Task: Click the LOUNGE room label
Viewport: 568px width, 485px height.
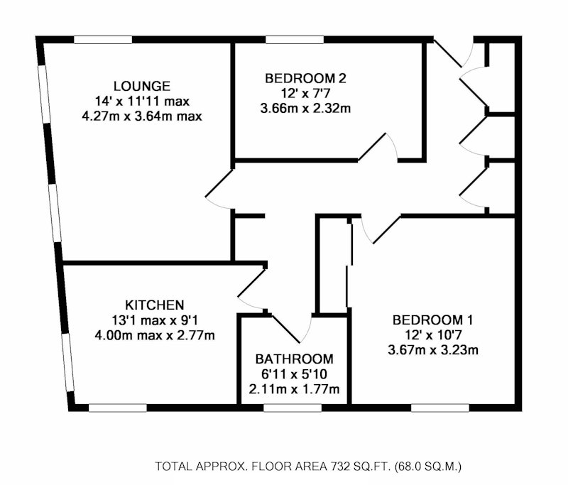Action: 141,86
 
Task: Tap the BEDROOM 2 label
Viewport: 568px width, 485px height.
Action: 305,78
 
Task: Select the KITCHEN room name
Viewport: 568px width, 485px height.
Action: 154,305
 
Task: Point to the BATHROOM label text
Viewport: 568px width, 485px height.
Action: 294,359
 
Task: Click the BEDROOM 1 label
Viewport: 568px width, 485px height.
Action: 432,320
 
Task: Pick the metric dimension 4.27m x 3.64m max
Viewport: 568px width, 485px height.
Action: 142,116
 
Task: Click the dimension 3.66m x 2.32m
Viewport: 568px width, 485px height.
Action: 305,109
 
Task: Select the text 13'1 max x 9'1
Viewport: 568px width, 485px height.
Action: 155,320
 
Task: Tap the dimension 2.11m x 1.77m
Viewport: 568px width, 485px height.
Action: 294,389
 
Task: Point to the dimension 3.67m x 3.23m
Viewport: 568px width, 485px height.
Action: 433,350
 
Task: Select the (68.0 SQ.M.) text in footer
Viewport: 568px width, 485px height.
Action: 427,466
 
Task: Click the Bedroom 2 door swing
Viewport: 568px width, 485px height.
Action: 378,146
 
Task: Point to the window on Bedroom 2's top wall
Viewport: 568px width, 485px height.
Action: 295,40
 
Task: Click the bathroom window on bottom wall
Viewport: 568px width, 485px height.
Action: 293,408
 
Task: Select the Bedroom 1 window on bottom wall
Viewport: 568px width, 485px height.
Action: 440,408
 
